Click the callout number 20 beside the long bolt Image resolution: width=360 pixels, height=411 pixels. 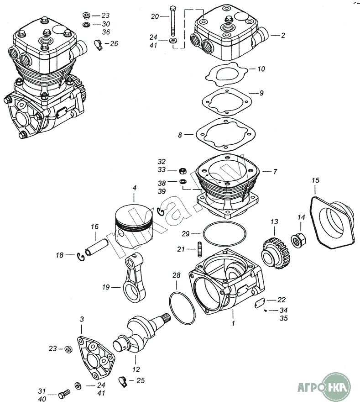click(155, 16)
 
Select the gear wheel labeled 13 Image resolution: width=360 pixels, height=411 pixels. click(276, 253)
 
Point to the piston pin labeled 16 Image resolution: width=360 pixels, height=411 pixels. click(96, 247)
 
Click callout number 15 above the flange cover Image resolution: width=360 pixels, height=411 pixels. click(315, 180)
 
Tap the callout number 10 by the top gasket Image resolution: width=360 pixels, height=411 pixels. click(261, 69)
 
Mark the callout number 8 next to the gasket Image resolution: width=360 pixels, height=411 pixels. click(180, 135)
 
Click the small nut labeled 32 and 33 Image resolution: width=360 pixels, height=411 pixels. click(183, 171)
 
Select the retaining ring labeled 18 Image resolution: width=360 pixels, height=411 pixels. click(81, 257)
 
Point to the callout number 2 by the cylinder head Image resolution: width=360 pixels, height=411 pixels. click(283, 35)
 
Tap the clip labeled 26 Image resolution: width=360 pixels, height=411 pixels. click(98, 45)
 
